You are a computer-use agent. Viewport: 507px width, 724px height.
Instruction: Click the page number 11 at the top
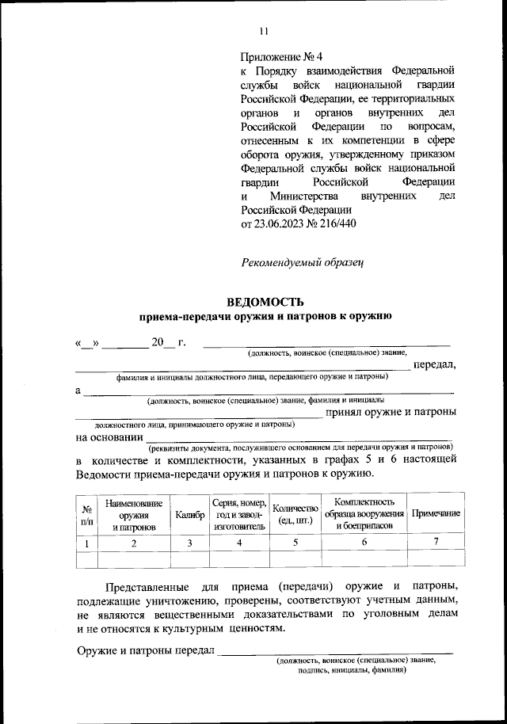264,31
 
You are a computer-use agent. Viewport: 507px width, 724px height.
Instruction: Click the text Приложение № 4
282,58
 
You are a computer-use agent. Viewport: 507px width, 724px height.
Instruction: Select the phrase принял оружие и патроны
391,412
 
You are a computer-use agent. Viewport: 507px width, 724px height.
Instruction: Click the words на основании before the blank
109,436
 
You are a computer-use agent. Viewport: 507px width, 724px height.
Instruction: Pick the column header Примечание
435,514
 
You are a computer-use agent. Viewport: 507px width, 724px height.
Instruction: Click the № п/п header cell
86,514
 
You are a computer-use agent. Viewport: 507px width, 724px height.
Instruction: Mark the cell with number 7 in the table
435,543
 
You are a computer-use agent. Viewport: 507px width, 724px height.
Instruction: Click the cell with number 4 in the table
238,543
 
